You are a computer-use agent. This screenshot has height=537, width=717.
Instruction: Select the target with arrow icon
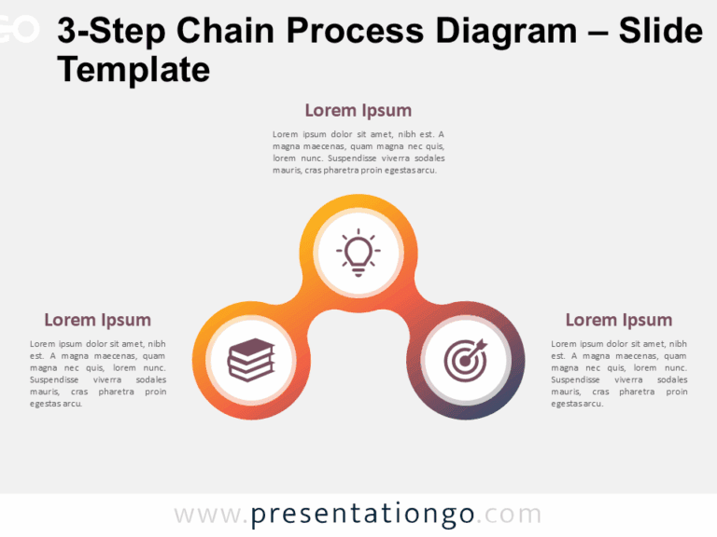[465, 359]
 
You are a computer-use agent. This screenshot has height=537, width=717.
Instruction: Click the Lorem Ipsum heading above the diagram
[358, 111]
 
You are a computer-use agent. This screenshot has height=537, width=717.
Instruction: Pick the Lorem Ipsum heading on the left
[97, 320]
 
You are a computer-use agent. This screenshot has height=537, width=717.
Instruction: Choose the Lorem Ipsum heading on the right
[618, 320]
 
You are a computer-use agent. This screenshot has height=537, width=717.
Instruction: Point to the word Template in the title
[134, 69]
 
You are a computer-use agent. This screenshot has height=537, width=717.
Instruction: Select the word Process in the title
[349, 32]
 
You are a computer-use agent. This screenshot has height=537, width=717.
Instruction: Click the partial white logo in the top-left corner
[19, 30]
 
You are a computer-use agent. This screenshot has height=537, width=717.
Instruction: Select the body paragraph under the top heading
[358, 152]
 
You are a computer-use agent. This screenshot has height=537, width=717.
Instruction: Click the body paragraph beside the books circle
[98, 374]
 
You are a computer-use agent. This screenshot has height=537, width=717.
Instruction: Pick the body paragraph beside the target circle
[618, 374]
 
